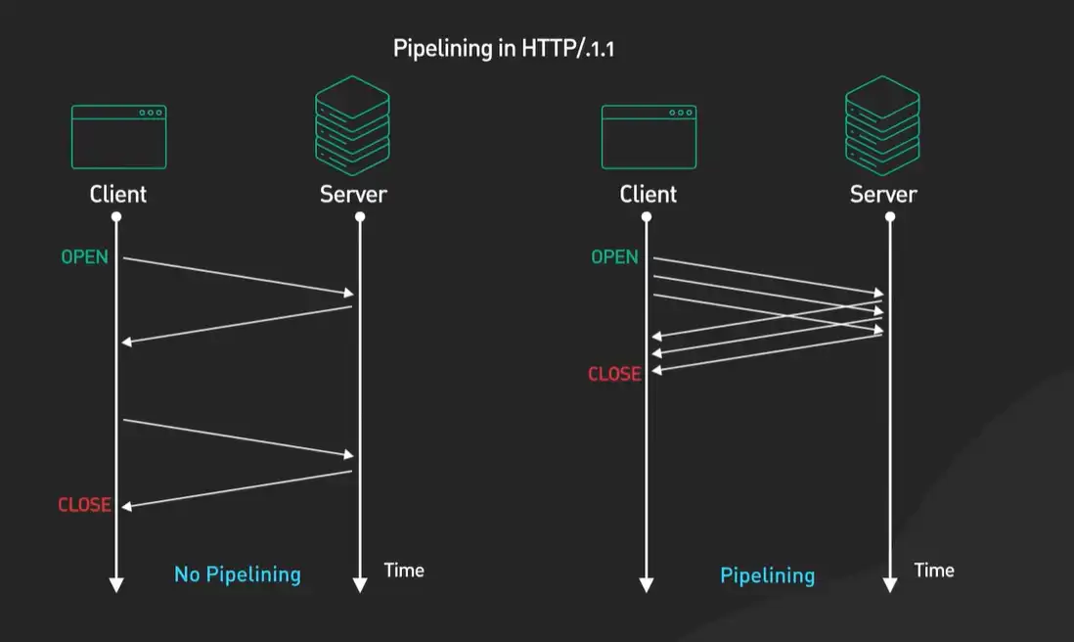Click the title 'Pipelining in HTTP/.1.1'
point(505,49)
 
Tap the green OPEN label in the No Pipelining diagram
point(84,257)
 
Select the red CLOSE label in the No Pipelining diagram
point(84,505)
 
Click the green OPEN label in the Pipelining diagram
point(614,257)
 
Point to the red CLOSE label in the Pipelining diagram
point(614,374)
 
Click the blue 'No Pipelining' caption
point(238,574)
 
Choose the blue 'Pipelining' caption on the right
point(768,575)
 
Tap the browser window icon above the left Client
point(118,137)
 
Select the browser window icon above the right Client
point(649,137)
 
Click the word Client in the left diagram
point(118,194)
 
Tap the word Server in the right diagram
point(883,194)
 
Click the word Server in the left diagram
point(353,194)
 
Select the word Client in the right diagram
point(649,194)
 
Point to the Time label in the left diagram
point(404,570)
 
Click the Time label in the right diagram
point(934,570)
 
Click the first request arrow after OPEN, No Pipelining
point(238,276)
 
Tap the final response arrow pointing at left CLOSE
point(238,489)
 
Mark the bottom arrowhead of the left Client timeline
point(116,584)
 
